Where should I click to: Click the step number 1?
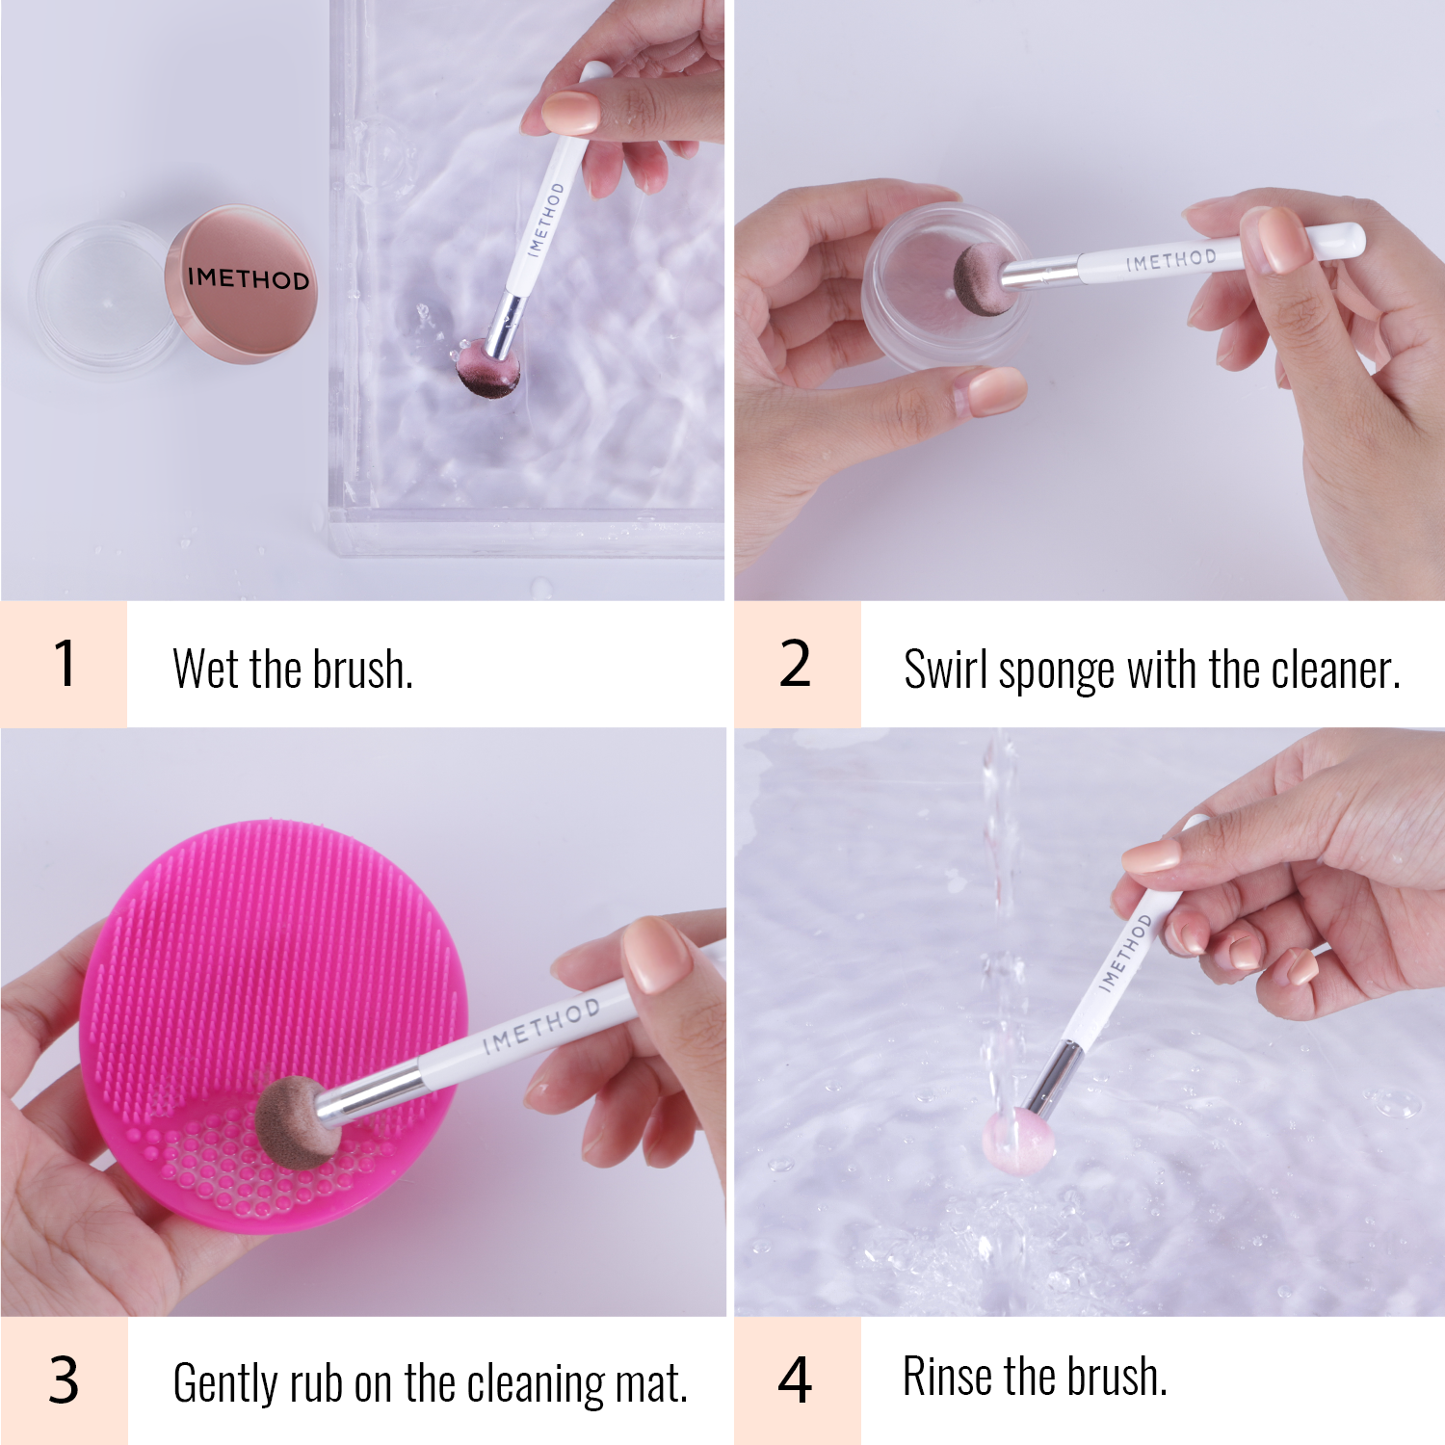point(65,664)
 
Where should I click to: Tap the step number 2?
point(795,664)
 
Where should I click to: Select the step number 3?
point(64,1379)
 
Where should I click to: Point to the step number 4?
point(795,1379)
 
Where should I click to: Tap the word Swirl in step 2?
point(945,669)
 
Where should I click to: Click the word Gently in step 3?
point(225,1384)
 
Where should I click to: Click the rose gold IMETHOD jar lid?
point(242,283)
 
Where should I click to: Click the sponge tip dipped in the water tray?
point(488,367)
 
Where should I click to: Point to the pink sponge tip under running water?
point(1016,1141)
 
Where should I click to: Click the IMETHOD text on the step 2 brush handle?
point(1170,259)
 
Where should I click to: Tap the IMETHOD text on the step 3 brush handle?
point(540,1025)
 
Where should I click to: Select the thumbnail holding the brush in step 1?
point(570,113)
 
